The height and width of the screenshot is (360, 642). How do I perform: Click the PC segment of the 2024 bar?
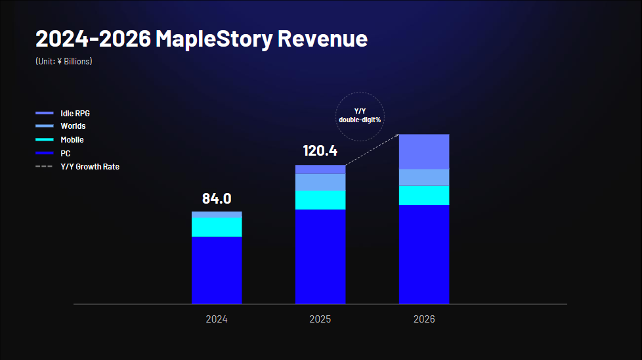(x=217, y=270)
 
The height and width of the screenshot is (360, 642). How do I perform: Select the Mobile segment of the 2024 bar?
(x=217, y=227)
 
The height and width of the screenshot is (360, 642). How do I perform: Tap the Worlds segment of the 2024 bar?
(x=217, y=214)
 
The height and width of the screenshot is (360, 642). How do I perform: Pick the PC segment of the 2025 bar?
(x=320, y=256)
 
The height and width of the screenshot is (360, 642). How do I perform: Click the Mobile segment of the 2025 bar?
(x=320, y=200)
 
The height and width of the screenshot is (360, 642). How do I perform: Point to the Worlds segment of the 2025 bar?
(x=320, y=182)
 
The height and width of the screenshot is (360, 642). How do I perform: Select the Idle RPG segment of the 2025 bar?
(x=320, y=169)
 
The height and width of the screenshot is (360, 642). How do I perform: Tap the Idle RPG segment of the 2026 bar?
(x=424, y=152)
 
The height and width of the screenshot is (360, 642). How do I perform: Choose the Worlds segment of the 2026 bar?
(x=424, y=177)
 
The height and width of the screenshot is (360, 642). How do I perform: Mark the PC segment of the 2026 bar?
(x=424, y=254)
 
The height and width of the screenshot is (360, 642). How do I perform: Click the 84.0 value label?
(x=217, y=198)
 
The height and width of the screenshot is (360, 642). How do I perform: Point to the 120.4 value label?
(x=320, y=151)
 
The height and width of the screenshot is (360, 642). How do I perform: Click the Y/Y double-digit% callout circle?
(x=360, y=115)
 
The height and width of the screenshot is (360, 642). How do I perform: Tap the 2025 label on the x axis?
(x=320, y=320)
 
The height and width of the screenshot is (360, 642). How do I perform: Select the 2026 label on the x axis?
(x=424, y=320)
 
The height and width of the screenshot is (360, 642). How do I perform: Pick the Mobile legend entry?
(x=72, y=140)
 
